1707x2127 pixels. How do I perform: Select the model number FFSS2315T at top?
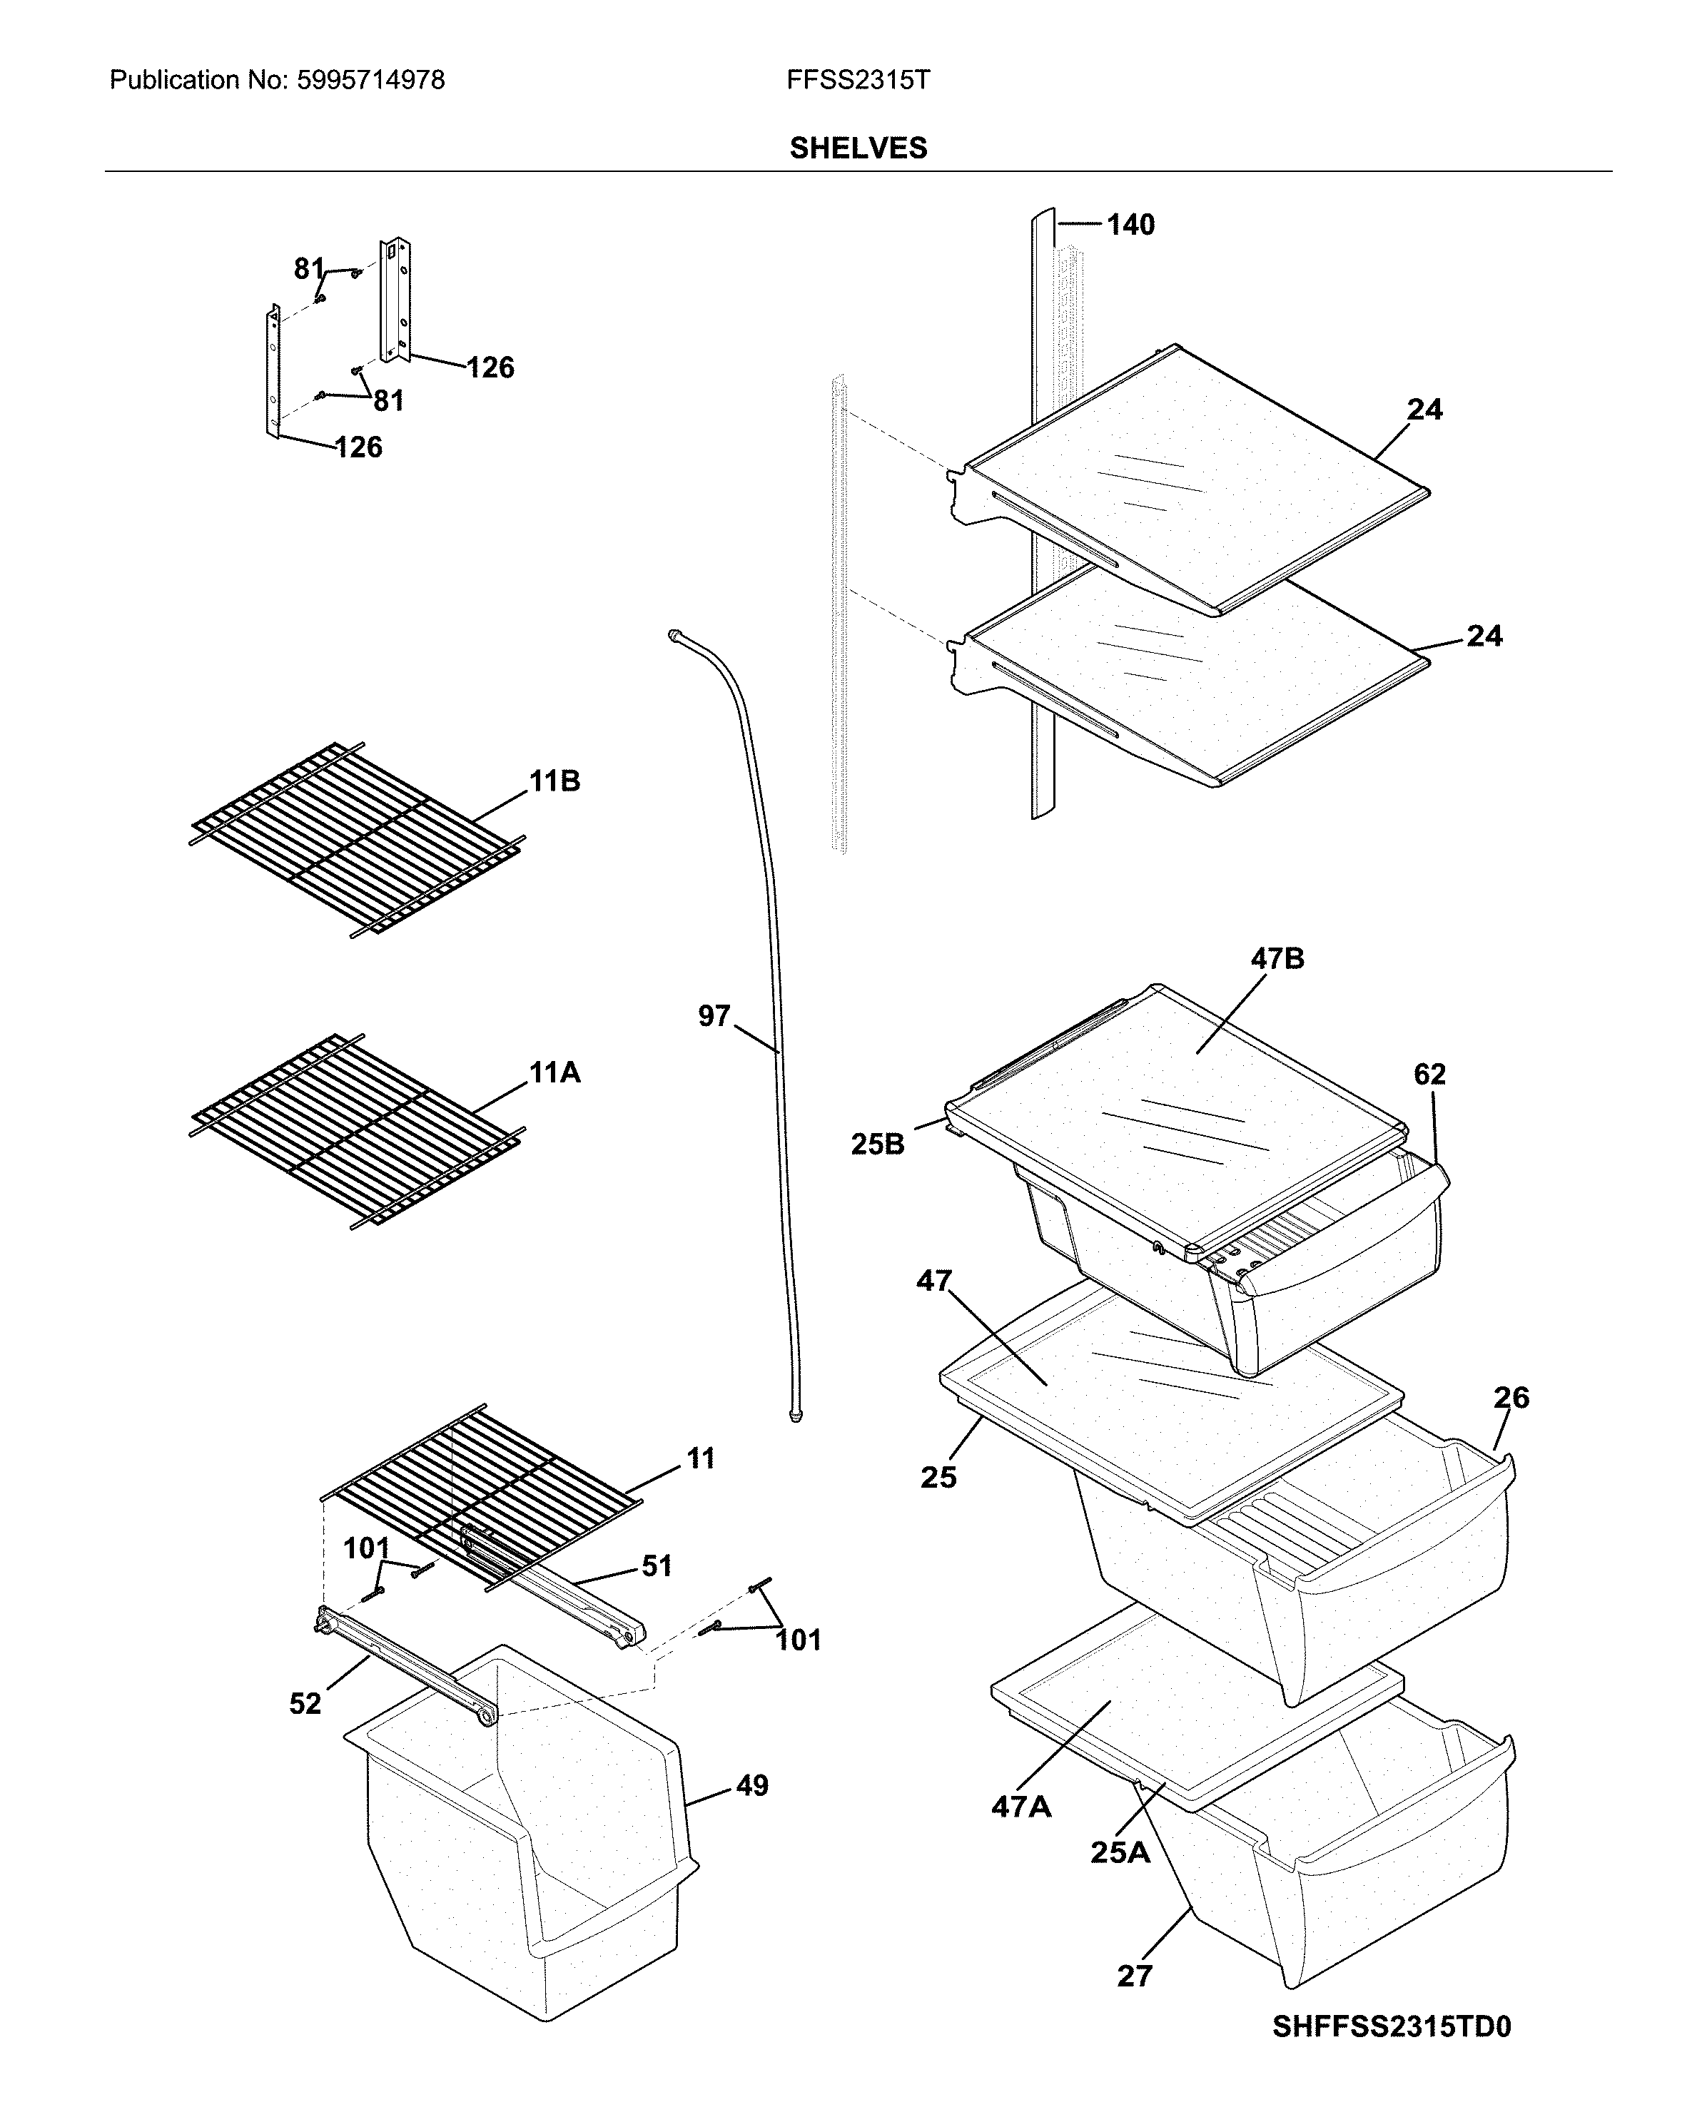[x=858, y=80]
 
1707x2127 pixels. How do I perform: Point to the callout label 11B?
[x=554, y=781]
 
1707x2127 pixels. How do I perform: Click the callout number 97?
[x=714, y=1015]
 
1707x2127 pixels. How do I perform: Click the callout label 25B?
[x=877, y=1144]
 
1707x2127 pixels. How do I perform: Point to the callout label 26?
[x=1511, y=1397]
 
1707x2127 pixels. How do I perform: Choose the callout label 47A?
[x=1020, y=1807]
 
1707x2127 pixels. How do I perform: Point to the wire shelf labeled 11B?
[x=355, y=838]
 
